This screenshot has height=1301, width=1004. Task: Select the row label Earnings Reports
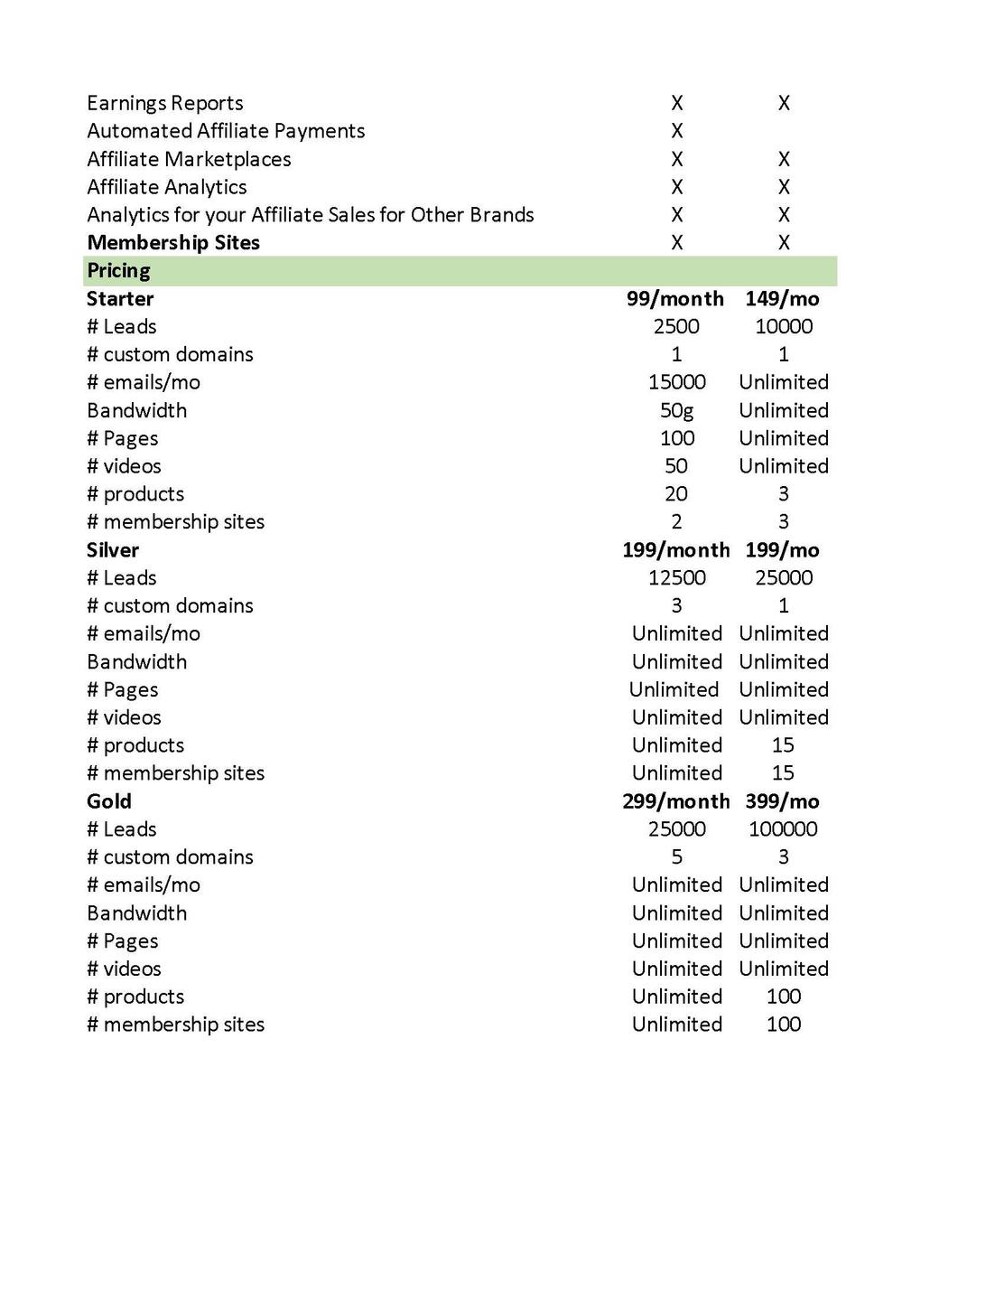(165, 103)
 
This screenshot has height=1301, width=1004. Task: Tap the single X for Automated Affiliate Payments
(677, 131)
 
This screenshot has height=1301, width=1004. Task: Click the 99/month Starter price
(675, 299)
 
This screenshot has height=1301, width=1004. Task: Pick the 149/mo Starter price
(782, 299)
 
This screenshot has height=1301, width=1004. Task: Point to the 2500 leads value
(676, 327)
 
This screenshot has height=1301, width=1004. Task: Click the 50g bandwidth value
(677, 411)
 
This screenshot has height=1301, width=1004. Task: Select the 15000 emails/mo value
(677, 383)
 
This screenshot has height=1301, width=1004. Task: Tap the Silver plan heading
(113, 550)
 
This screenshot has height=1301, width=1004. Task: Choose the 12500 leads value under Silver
(677, 578)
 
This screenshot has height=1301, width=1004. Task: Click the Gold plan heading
(109, 801)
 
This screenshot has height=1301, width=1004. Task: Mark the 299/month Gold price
(675, 801)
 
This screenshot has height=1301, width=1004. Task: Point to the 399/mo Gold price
(782, 801)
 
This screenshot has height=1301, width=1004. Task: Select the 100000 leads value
(783, 829)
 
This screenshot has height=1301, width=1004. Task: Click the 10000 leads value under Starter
(784, 327)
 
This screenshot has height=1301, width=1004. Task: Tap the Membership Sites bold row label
(173, 243)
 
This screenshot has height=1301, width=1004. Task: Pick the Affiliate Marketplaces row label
(189, 160)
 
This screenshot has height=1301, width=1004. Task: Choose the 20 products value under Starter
(676, 494)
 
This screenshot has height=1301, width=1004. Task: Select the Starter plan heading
(120, 299)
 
